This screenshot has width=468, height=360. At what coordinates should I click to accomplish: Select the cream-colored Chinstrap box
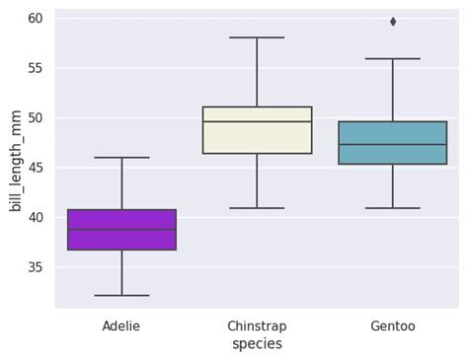click(257, 137)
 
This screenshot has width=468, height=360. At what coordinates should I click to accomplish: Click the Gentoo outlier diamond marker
click(393, 22)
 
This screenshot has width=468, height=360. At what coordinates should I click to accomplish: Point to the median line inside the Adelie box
click(121, 230)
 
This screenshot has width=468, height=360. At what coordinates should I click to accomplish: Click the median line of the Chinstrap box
click(257, 121)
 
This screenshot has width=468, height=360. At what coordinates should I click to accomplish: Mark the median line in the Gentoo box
click(393, 144)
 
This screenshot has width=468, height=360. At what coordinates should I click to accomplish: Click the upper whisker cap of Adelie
click(121, 157)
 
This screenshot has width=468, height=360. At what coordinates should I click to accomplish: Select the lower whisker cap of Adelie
click(121, 295)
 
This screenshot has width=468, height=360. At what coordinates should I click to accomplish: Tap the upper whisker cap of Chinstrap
click(257, 37)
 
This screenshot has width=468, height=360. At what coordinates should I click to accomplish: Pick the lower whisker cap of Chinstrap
click(257, 208)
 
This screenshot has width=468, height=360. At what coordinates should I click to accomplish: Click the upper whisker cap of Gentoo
click(393, 58)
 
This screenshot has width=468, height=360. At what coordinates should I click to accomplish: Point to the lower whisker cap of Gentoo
click(393, 208)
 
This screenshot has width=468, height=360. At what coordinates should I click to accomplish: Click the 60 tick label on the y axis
click(35, 19)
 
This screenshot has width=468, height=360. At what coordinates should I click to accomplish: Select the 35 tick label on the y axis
click(35, 267)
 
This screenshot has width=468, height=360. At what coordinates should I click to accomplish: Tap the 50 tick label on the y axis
click(35, 118)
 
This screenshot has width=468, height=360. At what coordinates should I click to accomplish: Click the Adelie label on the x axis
click(121, 325)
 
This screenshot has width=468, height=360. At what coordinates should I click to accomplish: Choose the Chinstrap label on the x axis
click(257, 325)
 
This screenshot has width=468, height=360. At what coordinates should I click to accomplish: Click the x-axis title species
click(257, 344)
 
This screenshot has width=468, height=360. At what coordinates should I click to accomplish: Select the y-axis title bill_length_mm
click(15, 161)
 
